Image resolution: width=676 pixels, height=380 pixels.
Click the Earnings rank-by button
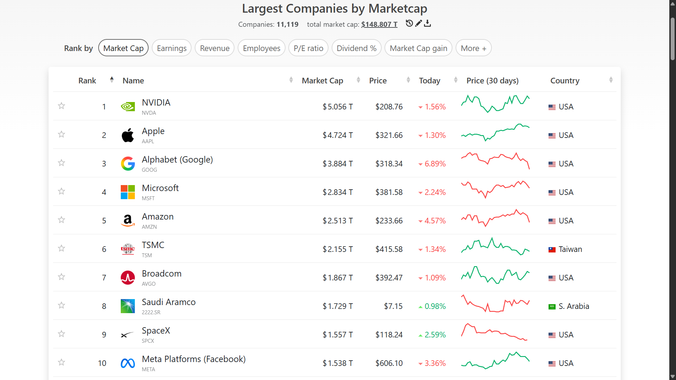coord(171,48)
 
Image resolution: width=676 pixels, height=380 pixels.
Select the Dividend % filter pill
coord(357,48)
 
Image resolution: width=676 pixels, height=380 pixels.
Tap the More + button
coord(474,48)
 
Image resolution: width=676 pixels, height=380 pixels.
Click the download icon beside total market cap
coord(427,24)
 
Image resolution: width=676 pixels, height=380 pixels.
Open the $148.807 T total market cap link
coord(379,24)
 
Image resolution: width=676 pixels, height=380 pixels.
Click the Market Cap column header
coord(323,81)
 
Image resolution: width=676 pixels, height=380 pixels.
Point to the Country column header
coord(565,81)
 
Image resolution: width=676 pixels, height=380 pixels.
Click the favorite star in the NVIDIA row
coord(62,106)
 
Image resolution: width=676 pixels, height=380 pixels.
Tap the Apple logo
coord(128,135)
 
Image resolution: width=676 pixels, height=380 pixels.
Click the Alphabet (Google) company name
coord(177,160)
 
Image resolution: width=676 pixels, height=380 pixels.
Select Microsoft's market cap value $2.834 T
coord(338,192)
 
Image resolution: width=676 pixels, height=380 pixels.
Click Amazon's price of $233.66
coord(389,221)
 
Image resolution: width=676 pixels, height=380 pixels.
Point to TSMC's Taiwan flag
coord(552,249)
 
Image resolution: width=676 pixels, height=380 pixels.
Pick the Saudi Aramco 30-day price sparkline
coord(495,303)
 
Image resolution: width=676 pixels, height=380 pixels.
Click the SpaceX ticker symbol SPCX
coord(148,341)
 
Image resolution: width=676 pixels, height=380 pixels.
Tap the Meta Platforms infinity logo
coord(128,363)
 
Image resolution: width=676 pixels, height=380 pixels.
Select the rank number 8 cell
coord(104,306)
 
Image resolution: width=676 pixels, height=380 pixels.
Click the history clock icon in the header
coord(409,23)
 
